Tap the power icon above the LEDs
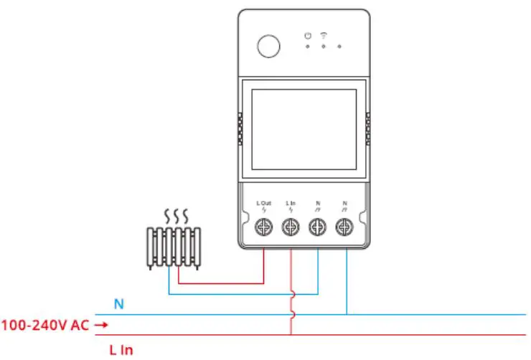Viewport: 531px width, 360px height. [x=307, y=35]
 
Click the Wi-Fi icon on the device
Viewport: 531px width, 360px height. [x=323, y=34]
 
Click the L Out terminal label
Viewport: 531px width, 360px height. [x=264, y=204]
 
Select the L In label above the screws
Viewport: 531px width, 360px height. [x=291, y=204]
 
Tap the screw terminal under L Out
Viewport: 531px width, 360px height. [x=264, y=227]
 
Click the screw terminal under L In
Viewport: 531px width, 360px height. [x=291, y=227]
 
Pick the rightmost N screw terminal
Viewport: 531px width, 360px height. [x=345, y=227]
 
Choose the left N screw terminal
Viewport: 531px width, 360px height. [x=318, y=227]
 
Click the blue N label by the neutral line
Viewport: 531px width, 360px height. [x=119, y=304]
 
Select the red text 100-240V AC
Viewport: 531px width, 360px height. [x=44, y=326]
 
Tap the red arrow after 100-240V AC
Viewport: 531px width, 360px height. [x=101, y=326]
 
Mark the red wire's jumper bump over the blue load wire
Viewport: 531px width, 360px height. [x=291, y=294]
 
